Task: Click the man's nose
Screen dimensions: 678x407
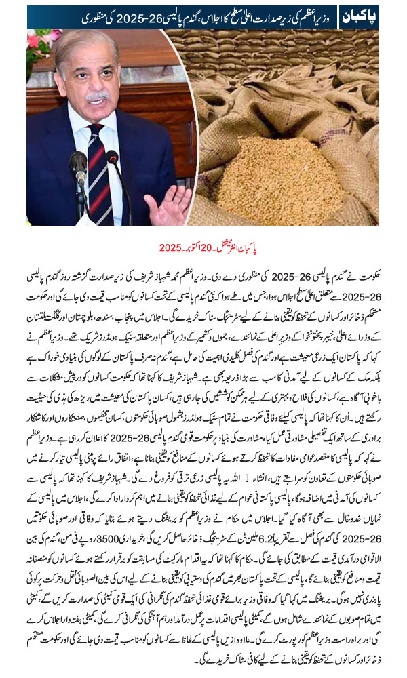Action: [98, 83]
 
